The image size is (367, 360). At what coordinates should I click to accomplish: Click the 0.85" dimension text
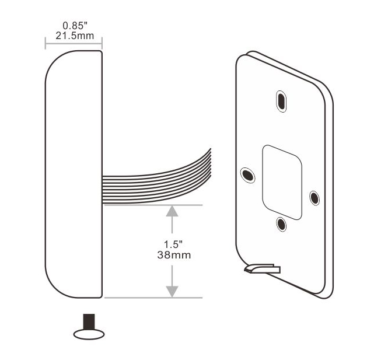(74, 26)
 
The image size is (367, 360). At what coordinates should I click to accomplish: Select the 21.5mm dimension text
(74, 36)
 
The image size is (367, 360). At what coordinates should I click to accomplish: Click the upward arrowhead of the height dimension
(172, 211)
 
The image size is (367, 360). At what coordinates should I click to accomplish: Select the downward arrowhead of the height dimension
(172, 291)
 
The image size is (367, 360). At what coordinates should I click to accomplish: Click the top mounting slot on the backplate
(281, 100)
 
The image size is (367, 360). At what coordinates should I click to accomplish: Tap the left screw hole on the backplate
(247, 174)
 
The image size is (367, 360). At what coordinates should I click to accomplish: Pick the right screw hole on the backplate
(314, 198)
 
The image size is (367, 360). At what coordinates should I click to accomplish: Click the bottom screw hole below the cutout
(281, 223)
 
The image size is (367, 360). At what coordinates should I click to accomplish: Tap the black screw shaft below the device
(89, 321)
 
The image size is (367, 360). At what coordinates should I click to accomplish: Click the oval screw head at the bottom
(89, 333)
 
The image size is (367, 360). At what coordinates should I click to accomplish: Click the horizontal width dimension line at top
(74, 43)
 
